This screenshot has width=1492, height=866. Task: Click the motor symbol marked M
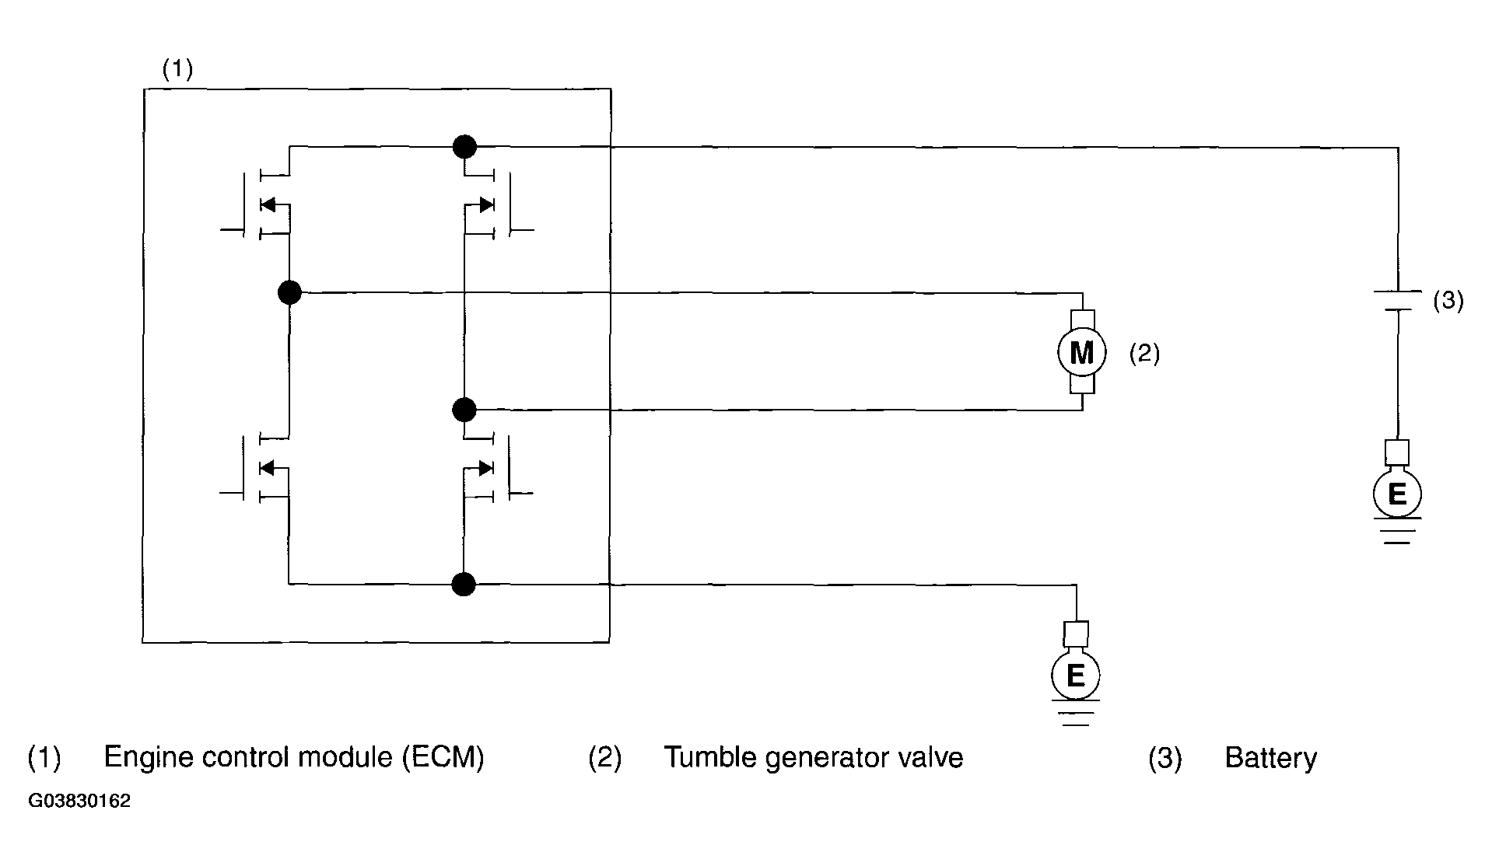click(1081, 353)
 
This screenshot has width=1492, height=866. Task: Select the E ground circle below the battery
click(1397, 493)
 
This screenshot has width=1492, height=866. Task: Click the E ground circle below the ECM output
click(1075, 676)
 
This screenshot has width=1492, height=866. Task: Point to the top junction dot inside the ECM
click(464, 145)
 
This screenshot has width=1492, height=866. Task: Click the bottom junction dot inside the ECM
click(464, 584)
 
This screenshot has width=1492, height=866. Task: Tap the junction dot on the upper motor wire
click(289, 292)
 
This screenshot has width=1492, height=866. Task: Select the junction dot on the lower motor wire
click(464, 409)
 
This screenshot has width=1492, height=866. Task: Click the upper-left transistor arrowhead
click(268, 204)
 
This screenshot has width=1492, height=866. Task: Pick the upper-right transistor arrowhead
click(486, 204)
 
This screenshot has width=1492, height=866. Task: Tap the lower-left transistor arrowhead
click(267, 467)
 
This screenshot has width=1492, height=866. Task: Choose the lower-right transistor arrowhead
click(486, 467)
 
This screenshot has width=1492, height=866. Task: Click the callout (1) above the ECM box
click(177, 69)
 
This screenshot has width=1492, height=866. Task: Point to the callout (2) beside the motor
click(1144, 354)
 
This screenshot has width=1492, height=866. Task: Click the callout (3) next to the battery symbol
click(1448, 301)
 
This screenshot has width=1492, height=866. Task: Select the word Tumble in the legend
click(709, 757)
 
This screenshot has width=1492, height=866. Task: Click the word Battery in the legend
click(1270, 758)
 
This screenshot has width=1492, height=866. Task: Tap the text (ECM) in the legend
click(443, 757)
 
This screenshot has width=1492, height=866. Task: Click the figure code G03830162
click(79, 801)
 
